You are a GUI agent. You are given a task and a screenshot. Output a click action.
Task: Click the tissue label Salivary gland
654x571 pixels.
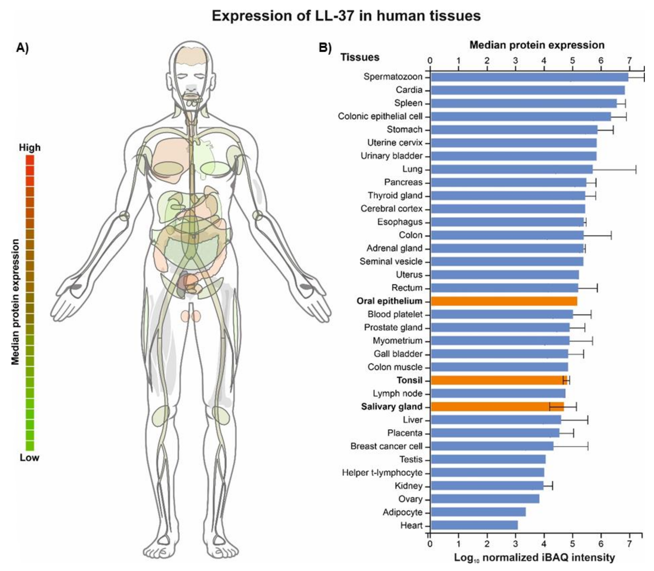pyautogui.click(x=392, y=407)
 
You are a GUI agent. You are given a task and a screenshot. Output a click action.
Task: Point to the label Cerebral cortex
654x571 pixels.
pyautogui.click(x=392, y=209)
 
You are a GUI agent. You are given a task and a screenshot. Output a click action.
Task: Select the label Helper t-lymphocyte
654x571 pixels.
pyautogui.click(x=382, y=473)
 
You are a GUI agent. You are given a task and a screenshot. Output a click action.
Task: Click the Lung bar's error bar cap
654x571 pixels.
pyautogui.click(x=636, y=169)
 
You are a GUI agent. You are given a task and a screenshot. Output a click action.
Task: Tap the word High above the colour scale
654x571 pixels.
pyautogui.click(x=30, y=147)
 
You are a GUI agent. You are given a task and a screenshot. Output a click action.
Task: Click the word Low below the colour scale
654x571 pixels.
pyautogui.click(x=29, y=458)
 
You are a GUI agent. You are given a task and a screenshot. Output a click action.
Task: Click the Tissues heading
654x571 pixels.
pyautogui.click(x=360, y=57)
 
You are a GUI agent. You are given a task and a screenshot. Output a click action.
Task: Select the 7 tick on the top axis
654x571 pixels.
pyautogui.click(x=629, y=61)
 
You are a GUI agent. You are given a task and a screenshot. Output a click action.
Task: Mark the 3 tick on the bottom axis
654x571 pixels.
pyautogui.click(x=516, y=543)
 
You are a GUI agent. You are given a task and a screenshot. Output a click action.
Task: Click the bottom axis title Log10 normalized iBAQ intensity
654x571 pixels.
pyautogui.click(x=534, y=558)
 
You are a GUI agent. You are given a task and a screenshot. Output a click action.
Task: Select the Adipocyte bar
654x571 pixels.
pyautogui.click(x=478, y=512)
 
